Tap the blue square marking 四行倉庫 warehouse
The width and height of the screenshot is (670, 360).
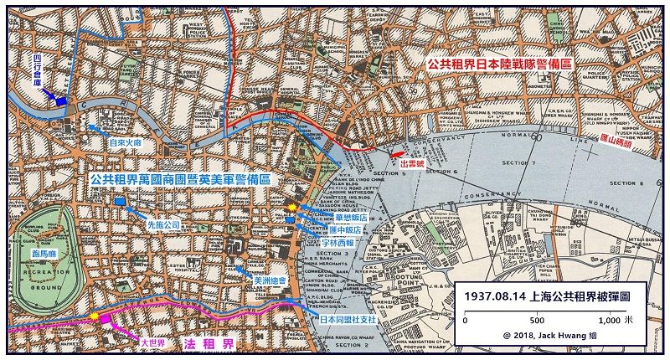click(x=61, y=100)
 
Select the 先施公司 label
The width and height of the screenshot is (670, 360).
click(x=164, y=225)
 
